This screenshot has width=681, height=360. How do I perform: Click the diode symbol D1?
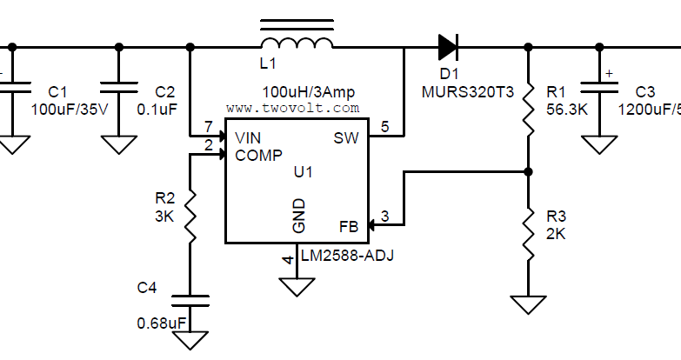448,45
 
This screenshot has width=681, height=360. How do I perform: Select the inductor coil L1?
297,44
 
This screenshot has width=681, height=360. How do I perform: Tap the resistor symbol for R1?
528,104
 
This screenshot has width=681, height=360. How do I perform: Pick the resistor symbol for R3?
528,229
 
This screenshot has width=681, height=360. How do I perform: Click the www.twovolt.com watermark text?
292,108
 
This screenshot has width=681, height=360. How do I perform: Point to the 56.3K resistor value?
566,110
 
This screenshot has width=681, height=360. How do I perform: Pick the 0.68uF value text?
162,323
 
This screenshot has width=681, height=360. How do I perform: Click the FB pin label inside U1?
348,227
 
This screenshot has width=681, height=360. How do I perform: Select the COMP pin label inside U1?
258,156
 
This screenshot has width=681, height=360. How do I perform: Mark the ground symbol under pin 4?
297,285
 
